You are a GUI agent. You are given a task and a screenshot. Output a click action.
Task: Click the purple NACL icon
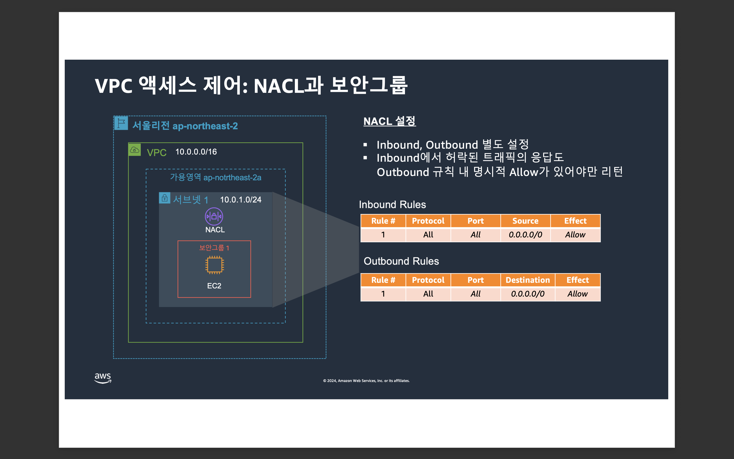214,216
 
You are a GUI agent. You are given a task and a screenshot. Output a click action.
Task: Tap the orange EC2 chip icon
214,265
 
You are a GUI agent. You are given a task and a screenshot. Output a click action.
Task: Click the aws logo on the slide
103,378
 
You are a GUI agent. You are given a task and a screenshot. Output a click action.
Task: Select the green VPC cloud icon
135,150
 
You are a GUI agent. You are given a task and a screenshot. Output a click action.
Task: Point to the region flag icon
121,123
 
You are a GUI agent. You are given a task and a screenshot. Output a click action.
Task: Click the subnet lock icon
164,198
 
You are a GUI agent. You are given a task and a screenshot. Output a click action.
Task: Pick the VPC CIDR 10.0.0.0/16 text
196,152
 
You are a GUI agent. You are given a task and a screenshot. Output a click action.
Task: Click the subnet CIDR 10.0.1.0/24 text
241,200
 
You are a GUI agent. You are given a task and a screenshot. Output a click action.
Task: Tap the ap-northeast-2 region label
185,126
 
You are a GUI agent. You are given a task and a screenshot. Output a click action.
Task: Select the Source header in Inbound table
525,221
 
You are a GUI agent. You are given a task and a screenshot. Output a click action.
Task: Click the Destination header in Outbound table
528,280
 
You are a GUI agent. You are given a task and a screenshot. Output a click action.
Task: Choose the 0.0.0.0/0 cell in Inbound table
525,235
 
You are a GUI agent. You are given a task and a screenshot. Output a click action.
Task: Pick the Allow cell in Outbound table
578,294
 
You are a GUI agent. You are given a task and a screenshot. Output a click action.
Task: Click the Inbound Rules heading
392,205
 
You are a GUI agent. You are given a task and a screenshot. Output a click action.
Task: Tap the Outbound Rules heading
401,261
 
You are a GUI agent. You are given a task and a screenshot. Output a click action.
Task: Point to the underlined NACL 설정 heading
389,121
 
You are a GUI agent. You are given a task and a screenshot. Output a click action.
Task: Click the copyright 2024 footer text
366,381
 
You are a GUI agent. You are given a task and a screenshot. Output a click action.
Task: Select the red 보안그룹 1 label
214,248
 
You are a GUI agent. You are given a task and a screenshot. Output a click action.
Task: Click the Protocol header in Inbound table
428,221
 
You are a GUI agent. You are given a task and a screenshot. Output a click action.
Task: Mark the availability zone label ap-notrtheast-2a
215,177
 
